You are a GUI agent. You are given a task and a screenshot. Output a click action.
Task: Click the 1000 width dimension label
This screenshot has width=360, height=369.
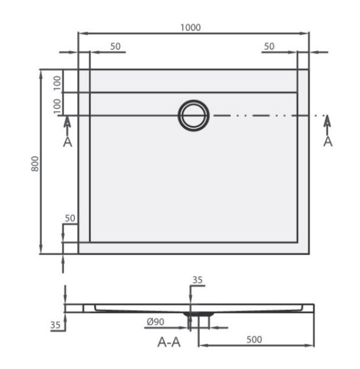pyautogui.click(x=190, y=27)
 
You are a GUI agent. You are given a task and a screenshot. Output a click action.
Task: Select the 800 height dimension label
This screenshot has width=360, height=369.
pyautogui.click(x=34, y=164)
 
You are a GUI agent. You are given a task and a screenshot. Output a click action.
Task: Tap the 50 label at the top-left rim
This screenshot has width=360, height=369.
pyautogui.click(x=115, y=46)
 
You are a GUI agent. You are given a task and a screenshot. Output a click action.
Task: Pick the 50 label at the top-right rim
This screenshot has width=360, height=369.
pyautogui.click(x=269, y=46)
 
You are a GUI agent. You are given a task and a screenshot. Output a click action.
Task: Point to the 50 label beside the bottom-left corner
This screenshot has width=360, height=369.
pyautogui.click(x=70, y=218)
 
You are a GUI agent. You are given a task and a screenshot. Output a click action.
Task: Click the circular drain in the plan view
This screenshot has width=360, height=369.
pyautogui.click(x=194, y=115)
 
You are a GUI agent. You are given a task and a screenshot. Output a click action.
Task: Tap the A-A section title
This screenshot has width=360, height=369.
pyautogui.click(x=170, y=343)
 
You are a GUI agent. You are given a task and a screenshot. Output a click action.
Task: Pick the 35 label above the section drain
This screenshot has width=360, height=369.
pyautogui.click(x=198, y=280)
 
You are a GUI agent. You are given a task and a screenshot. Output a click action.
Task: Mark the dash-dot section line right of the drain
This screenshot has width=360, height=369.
pyautogui.click(x=266, y=115)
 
